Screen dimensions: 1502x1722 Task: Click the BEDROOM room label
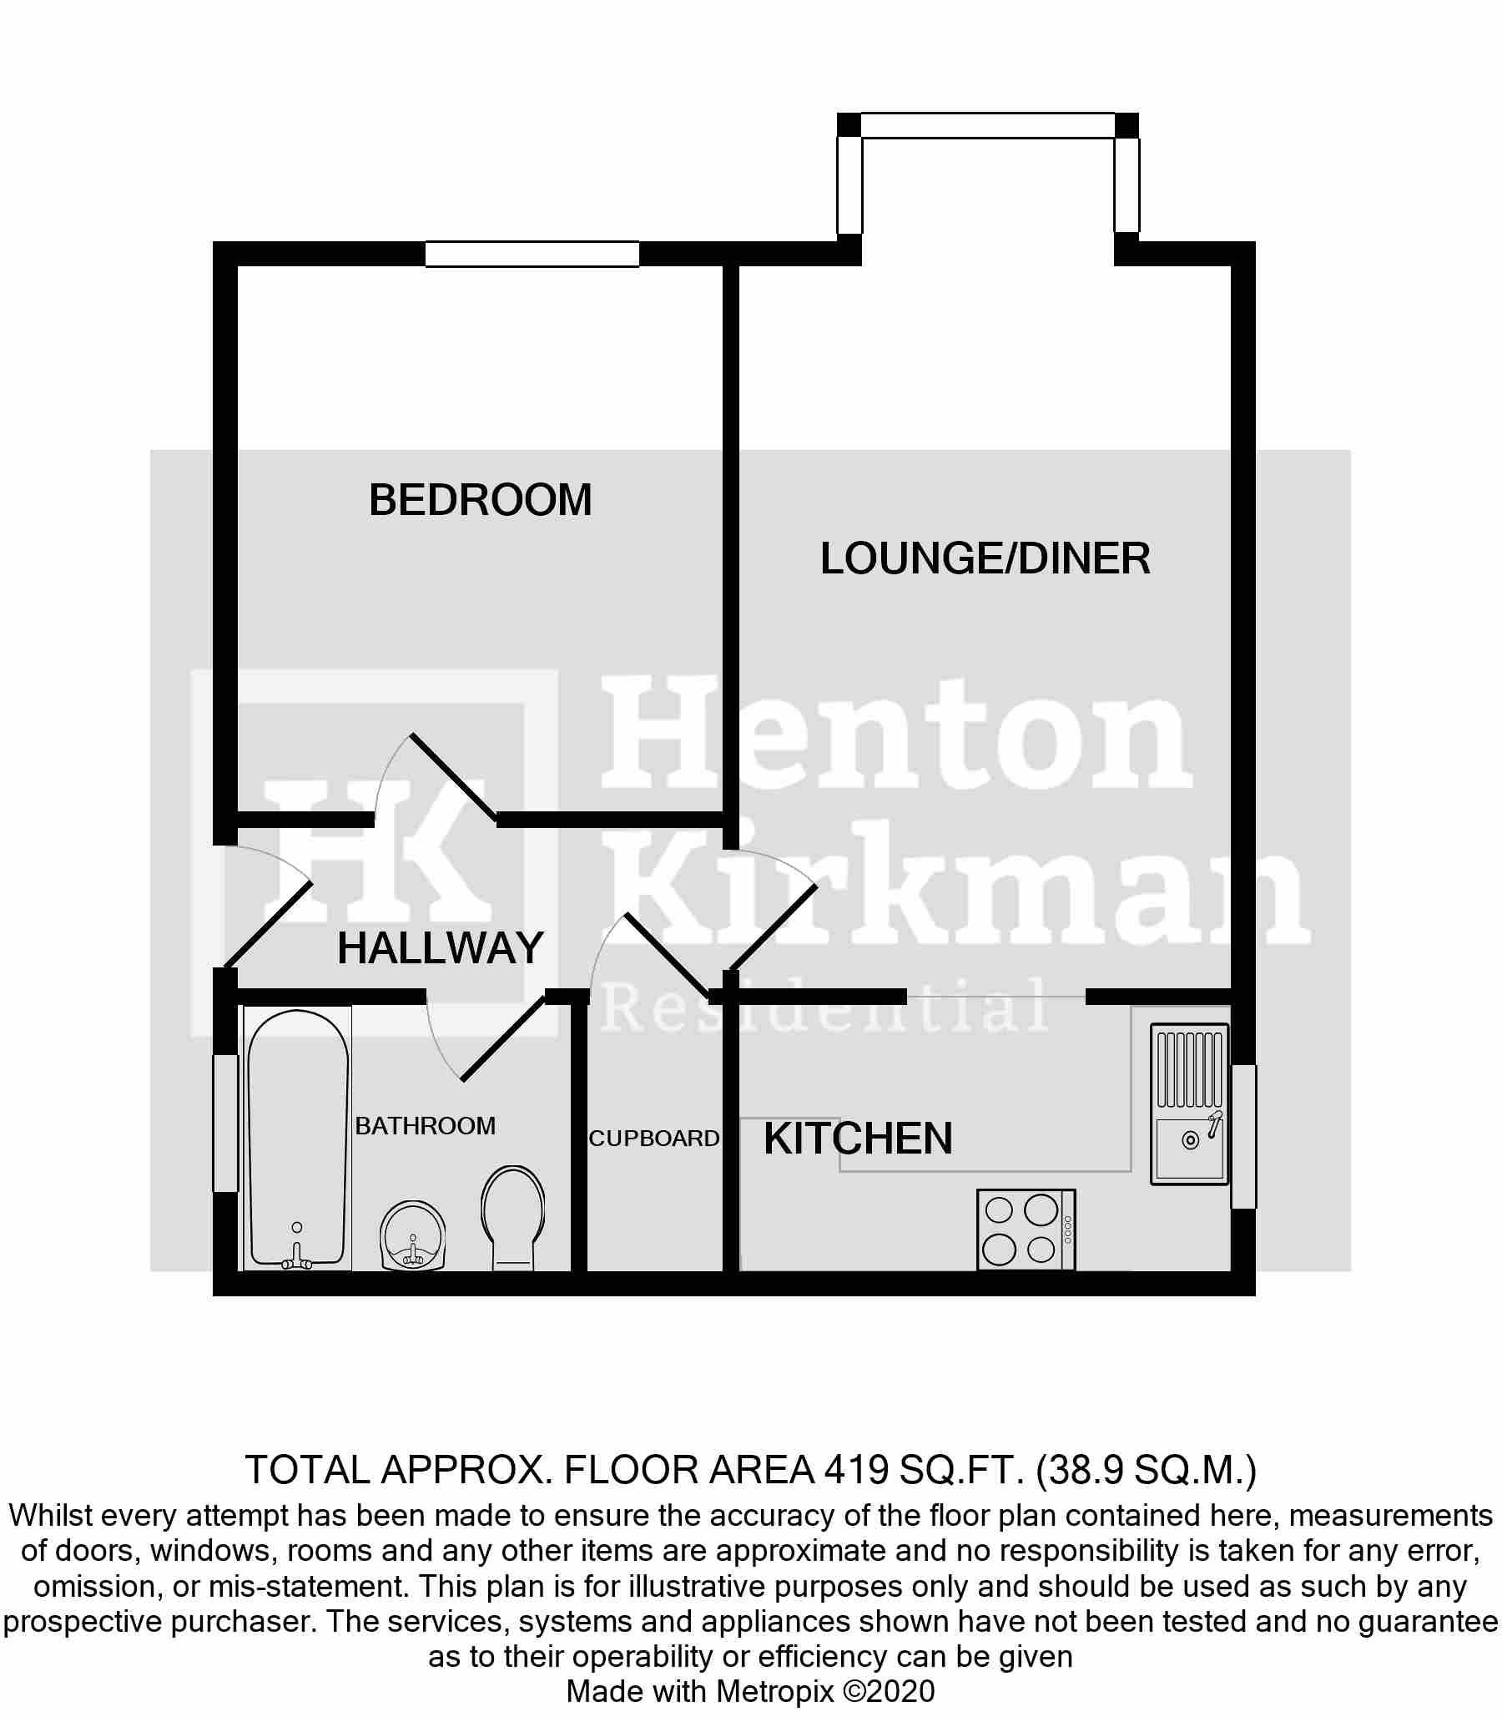[x=481, y=501]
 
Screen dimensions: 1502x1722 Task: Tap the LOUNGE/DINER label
[x=985, y=558]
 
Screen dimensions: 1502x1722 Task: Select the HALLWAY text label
[x=440, y=948]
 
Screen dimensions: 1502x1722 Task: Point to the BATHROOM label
[x=425, y=1126]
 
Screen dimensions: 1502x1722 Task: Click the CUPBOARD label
[x=653, y=1139]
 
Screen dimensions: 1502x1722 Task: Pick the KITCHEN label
[x=859, y=1139]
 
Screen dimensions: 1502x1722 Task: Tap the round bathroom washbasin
[x=412, y=1236]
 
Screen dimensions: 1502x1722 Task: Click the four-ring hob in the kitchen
[x=1026, y=1230]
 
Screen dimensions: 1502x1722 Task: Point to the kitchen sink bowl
[x=1190, y=1148]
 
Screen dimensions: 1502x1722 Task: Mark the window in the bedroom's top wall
[x=532, y=254]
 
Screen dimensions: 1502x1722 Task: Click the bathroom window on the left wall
[x=225, y=1124]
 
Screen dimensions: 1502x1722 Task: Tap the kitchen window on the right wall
[x=1243, y=1136]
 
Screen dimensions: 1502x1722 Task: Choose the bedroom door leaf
[x=453, y=776]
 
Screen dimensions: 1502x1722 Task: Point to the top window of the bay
[x=988, y=125]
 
